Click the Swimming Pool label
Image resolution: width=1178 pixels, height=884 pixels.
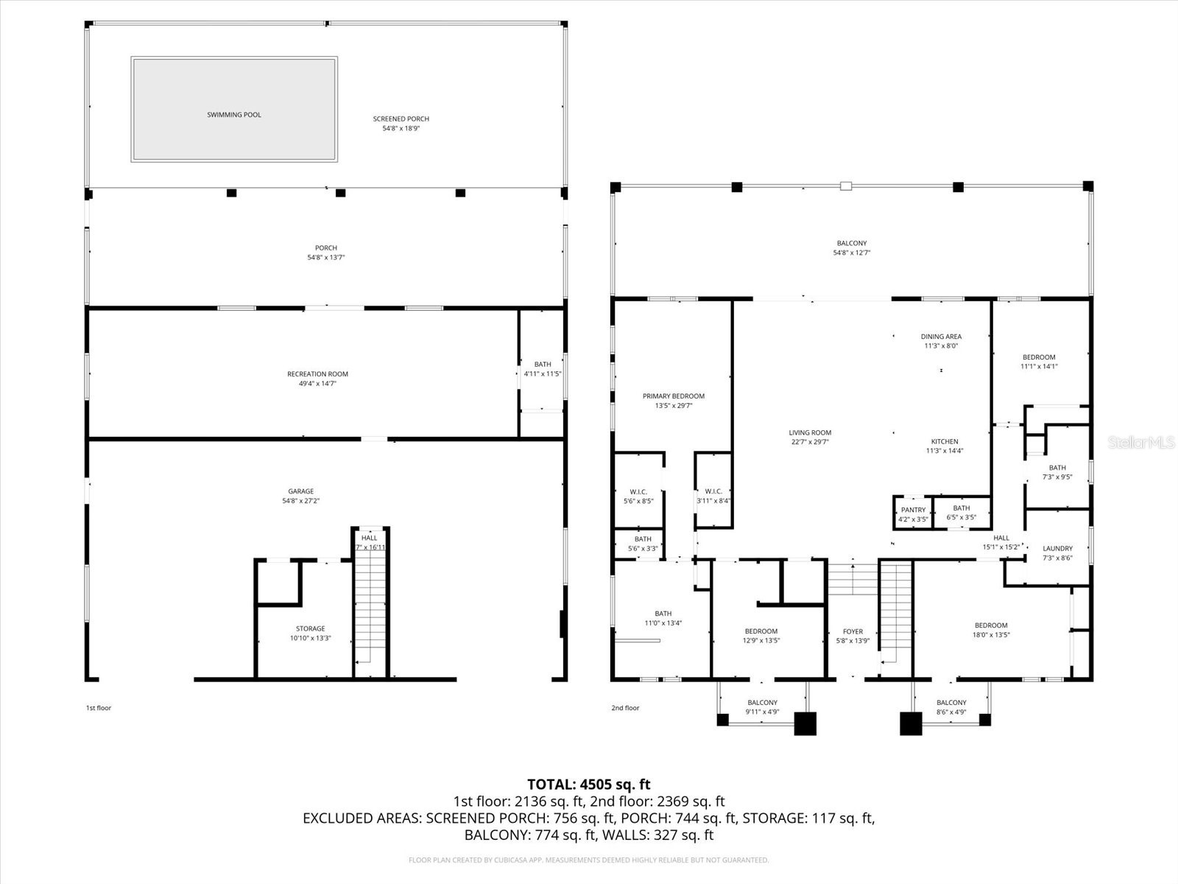(x=234, y=115)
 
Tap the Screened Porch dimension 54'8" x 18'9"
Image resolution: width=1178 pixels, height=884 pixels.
(x=401, y=128)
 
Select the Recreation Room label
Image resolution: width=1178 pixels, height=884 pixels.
(x=317, y=374)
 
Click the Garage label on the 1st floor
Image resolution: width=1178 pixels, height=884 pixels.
(x=300, y=491)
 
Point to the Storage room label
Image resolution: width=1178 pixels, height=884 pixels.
(x=310, y=629)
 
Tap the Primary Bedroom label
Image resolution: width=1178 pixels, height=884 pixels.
(x=673, y=396)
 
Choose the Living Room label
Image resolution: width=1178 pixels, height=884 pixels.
(x=810, y=433)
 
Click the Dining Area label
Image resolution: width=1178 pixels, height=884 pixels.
(x=941, y=337)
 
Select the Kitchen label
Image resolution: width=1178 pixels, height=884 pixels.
(x=944, y=441)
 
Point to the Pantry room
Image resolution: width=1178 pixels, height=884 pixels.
(x=913, y=513)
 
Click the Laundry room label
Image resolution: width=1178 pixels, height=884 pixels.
(x=1057, y=549)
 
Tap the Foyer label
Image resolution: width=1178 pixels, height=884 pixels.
(x=853, y=631)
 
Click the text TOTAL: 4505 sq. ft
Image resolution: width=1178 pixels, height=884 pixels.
(x=588, y=785)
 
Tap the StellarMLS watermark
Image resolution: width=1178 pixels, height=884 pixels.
(x=1140, y=442)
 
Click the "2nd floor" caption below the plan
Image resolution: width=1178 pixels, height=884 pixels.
(x=625, y=708)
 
